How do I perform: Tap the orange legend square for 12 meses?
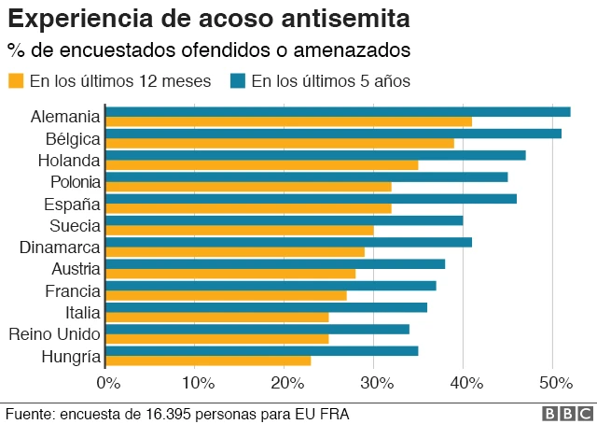click(16, 81)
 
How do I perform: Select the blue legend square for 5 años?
click(238, 81)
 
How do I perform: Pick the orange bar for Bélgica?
click(280, 143)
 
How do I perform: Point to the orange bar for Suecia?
click(240, 230)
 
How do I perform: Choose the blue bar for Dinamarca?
click(289, 242)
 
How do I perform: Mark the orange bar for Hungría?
click(208, 360)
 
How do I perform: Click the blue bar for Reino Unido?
click(257, 328)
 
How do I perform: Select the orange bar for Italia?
click(217, 317)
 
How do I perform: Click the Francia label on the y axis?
click(73, 290)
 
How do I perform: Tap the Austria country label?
click(74, 269)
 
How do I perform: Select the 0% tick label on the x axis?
click(108, 382)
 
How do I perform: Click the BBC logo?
click(566, 413)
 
